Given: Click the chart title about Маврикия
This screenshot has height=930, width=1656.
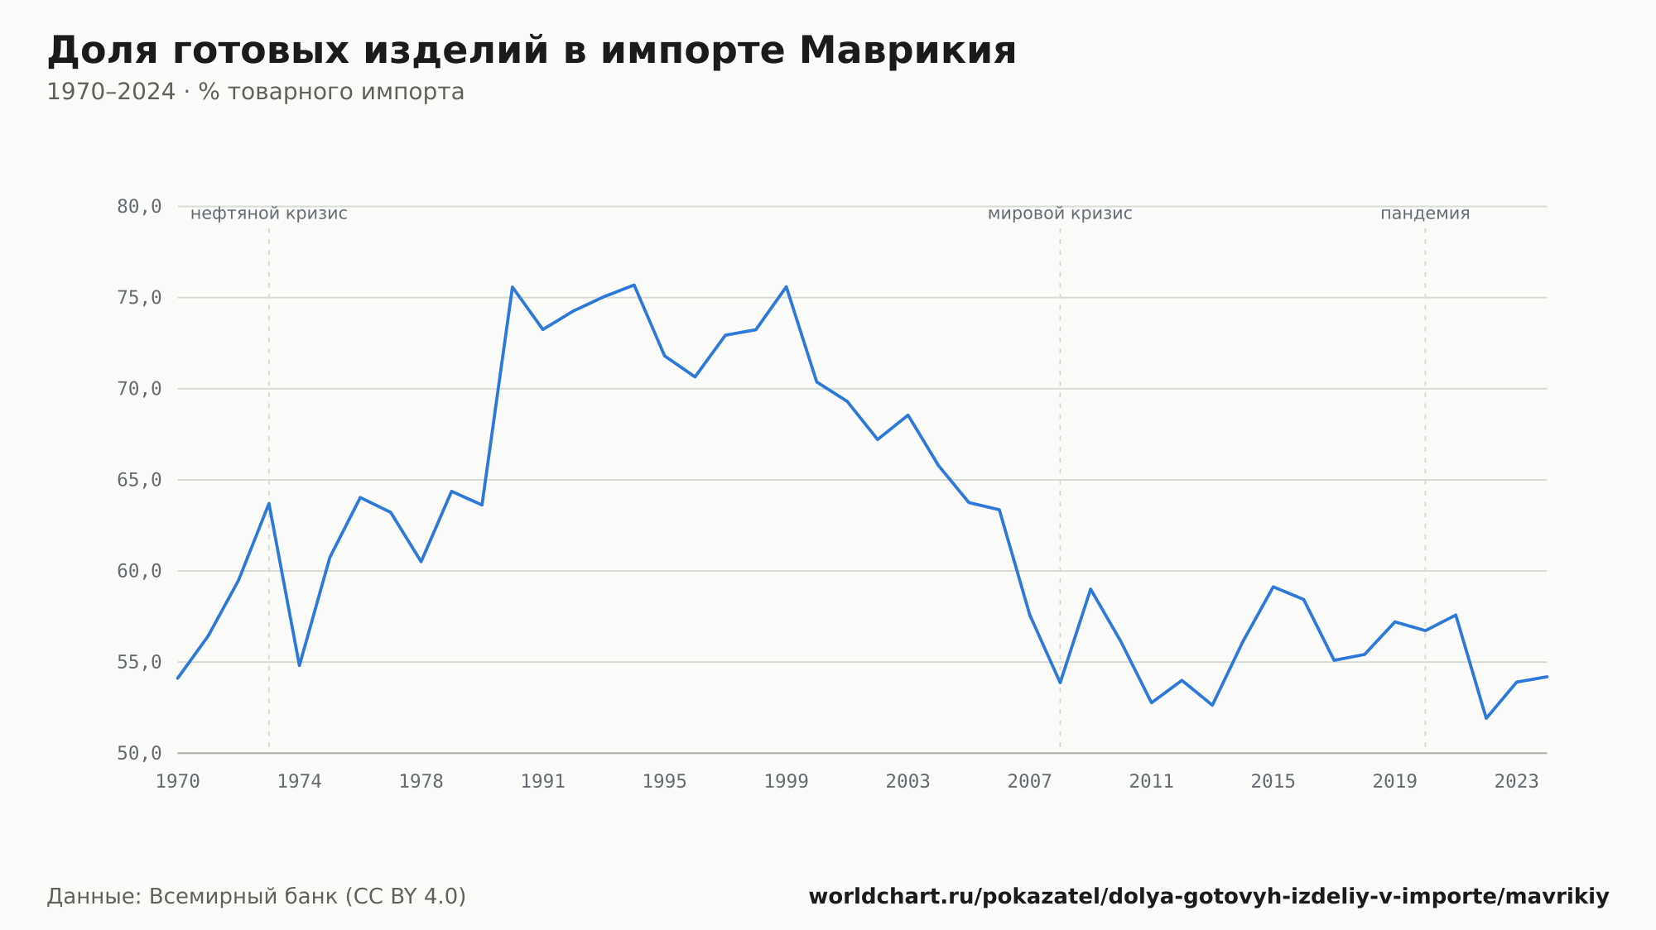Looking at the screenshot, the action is (x=532, y=50).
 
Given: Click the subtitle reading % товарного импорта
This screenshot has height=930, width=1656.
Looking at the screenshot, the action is (x=331, y=92).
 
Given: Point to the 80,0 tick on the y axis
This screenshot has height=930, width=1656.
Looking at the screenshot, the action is (x=139, y=207).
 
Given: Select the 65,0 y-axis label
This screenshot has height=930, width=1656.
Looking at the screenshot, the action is (x=139, y=480).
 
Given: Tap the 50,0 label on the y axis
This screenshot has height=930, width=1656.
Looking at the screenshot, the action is (x=139, y=753).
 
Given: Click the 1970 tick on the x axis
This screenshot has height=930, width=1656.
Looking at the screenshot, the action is (x=178, y=782).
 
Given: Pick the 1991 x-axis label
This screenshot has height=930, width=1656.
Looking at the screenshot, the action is (x=543, y=782).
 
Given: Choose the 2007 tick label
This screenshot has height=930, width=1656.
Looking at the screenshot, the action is (x=1030, y=782).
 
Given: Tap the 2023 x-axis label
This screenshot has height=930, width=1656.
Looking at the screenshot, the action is (x=1517, y=782).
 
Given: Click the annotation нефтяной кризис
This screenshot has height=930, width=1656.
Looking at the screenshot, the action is (x=269, y=213).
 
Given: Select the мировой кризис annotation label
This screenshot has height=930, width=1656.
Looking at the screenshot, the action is (x=1060, y=213).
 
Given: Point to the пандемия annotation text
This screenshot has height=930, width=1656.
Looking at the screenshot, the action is (x=1425, y=213).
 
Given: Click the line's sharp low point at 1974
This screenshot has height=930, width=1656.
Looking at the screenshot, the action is (x=299, y=665).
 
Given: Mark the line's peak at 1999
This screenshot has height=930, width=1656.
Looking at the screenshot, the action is (x=787, y=287).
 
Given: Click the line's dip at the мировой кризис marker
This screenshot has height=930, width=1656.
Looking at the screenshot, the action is (x=1060, y=683).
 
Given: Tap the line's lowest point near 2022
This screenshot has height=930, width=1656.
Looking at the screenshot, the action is (x=1486, y=718).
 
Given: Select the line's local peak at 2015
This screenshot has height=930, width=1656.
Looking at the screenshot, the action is (x=1273, y=587).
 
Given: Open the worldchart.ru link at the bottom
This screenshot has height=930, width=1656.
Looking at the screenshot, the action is (x=1209, y=897).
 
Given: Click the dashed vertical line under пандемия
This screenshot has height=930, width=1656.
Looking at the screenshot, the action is (x=1425, y=488).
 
